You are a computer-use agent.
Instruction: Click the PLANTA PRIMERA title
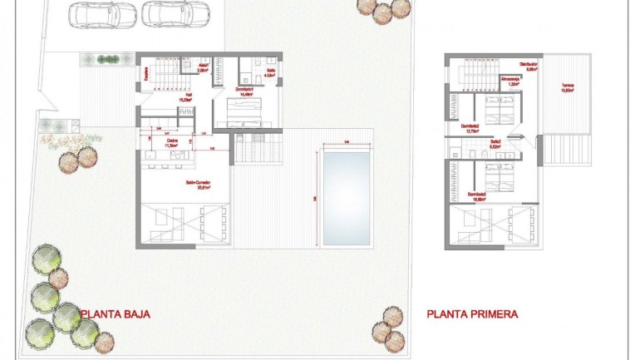(x=472, y=314)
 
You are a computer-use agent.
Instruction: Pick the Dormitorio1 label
(x=244, y=91)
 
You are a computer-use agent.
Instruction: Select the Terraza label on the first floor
(x=567, y=87)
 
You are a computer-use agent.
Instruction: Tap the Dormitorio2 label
(x=473, y=129)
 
